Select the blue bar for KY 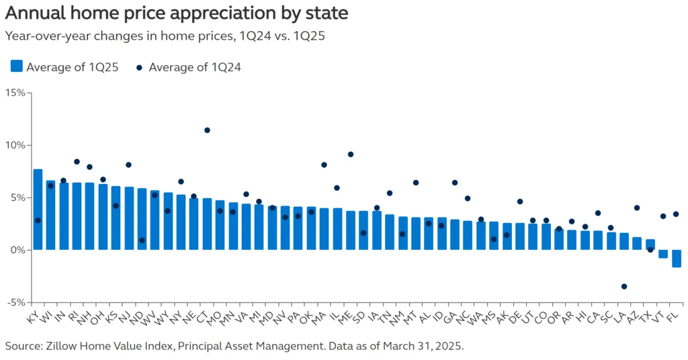[38, 210]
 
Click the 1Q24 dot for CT [207, 130]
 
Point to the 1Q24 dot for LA [624, 287]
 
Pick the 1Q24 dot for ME [350, 154]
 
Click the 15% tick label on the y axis [15, 93]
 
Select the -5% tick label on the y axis [15, 302]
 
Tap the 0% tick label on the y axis [17, 250]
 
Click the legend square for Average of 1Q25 [17, 66]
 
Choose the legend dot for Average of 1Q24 [139, 67]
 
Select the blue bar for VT [663, 254]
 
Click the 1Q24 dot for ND [142, 240]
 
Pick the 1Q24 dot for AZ [637, 208]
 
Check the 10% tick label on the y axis [15, 145]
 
